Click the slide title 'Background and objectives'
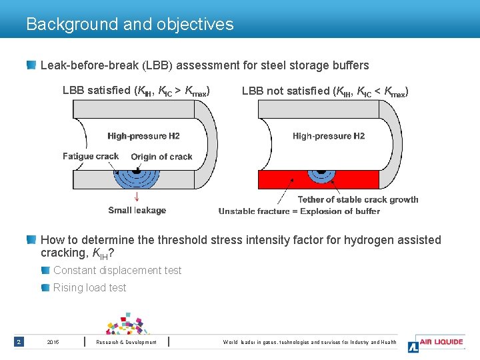click(130, 25)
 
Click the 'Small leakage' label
click(137, 211)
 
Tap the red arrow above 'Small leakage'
click(137, 196)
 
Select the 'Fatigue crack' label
click(91, 157)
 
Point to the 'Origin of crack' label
click(161, 157)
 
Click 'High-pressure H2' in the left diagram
click(143, 137)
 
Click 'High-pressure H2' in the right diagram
click(329, 137)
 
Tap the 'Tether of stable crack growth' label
click(358, 199)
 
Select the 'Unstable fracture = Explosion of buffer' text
click(299, 211)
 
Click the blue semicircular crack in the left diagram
click(136, 179)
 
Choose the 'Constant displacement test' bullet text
click(117, 271)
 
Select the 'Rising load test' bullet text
click(90, 288)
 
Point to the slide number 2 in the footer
click(19, 342)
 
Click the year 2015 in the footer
click(53, 343)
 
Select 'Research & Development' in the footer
click(127, 343)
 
